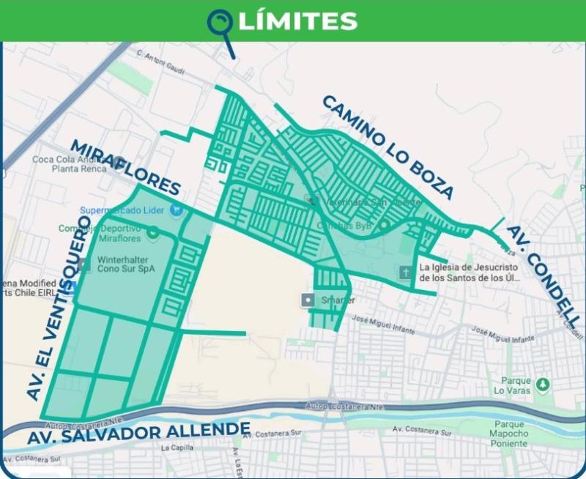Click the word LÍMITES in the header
297,21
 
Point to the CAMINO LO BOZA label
387,146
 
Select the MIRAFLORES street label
125,167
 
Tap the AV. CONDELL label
543,278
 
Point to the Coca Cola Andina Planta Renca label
66,163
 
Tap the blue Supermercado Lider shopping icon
176,210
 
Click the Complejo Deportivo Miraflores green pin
153,234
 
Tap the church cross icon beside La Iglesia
405,272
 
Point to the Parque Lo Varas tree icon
542,384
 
